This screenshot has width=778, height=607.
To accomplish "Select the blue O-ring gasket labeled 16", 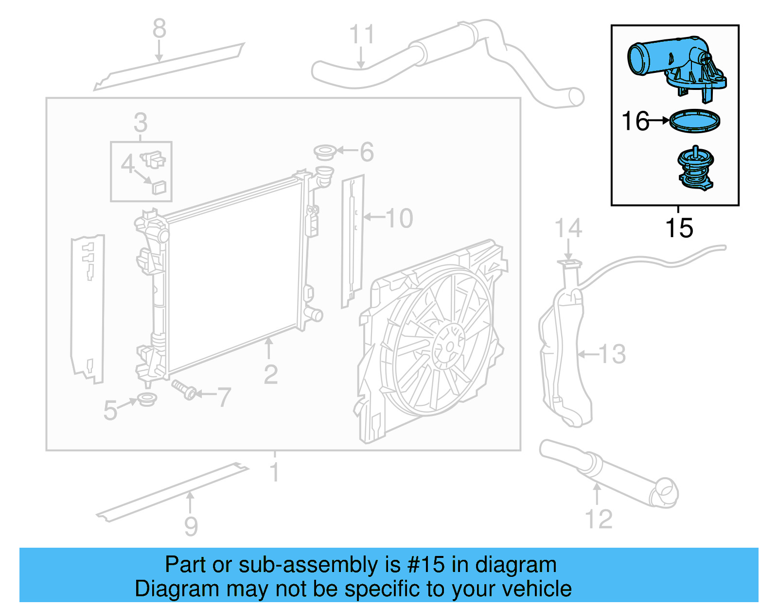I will tap(694, 121).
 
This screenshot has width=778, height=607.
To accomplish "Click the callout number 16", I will tap(636, 121).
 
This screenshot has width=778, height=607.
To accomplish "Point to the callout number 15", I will tap(679, 228).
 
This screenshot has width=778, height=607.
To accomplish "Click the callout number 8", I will tap(159, 29).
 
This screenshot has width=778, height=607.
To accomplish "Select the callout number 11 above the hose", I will tap(362, 35).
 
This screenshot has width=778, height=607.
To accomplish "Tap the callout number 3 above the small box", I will tap(141, 122).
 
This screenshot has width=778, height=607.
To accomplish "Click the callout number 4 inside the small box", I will tap(128, 164).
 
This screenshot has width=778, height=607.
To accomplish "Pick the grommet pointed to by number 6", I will tap(325, 152).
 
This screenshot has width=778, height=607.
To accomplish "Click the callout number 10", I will tap(399, 218).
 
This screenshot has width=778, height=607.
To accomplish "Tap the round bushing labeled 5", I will tap(147, 399).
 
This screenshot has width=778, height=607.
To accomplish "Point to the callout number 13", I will tap(612, 354).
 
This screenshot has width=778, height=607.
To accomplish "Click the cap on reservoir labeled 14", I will tap(569, 264).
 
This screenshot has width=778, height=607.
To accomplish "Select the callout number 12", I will tap(599, 519).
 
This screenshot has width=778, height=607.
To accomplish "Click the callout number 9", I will tap(191, 526).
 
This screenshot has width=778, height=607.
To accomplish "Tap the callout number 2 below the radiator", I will tap(270, 375).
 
